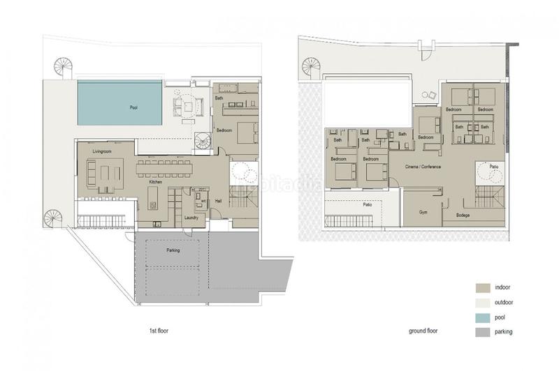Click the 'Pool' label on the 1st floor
[x=133, y=107]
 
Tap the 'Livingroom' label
[x=103, y=151]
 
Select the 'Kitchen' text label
[x=156, y=182]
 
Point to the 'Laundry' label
[x=191, y=218]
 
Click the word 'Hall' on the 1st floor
[x=218, y=201]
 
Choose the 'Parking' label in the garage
[x=173, y=250]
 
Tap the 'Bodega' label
[x=462, y=216]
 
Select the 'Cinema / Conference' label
[x=423, y=167]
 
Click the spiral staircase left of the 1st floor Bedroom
[x=202, y=142]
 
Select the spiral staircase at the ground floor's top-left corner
[x=312, y=68]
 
